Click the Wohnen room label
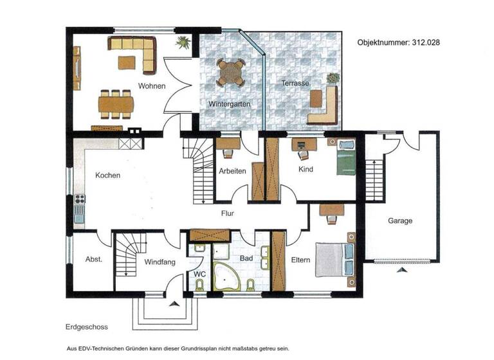pyautogui.click(x=152, y=86)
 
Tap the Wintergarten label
pyautogui.click(x=228, y=104)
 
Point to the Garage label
pyautogui.click(x=400, y=221)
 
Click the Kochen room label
pyautogui.click(x=107, y=175)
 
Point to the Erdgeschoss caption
pyautogui.click(x=86, y=327)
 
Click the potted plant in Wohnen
pyautogui.click(x=183, y=43)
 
